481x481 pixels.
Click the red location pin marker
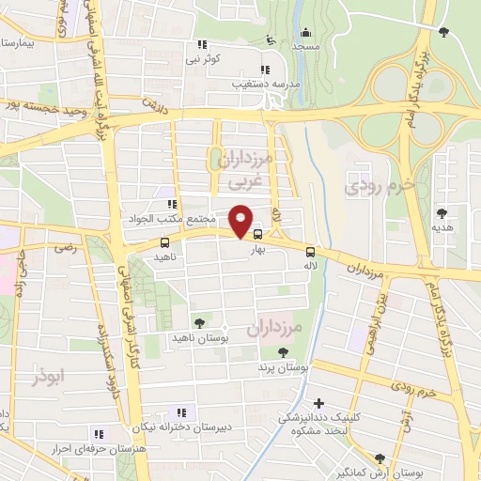(x=241, y=220)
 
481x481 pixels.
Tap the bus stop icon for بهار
(x=257, y=235)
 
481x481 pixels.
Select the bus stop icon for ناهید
(x=165, y=241)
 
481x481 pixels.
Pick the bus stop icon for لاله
(x=311, y=252)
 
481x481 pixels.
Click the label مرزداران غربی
(x=244, y=168)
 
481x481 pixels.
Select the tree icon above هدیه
(x=443, y=212)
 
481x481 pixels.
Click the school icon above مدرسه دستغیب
(x=266, y=68)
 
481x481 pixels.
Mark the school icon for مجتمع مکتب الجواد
(x=171, y=203)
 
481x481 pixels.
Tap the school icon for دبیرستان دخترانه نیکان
(x=180, y=411)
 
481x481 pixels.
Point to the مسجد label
(x=305, y=45)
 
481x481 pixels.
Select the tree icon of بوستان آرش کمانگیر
(x=379, y=458)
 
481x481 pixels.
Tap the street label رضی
(x=66, y=249)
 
